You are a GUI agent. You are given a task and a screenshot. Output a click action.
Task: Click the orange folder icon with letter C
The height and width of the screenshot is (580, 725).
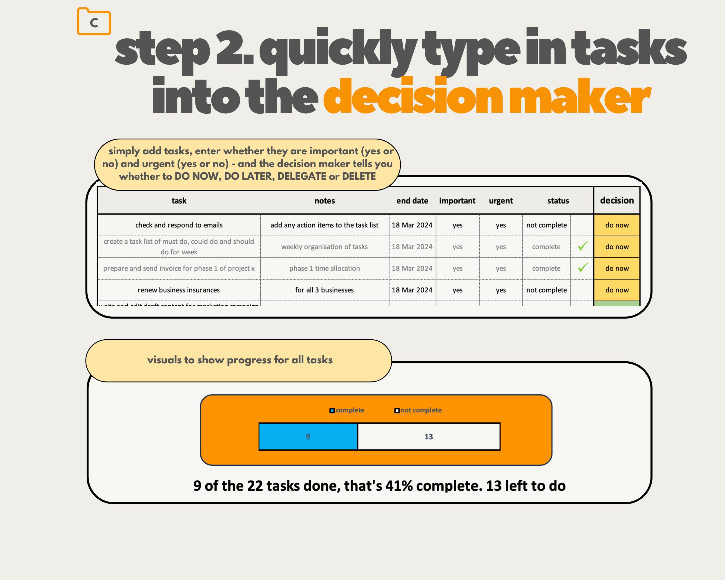pyautogui.click(x=94, y=21)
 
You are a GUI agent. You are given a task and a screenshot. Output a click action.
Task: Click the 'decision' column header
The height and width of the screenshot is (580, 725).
pyautogui.click(x=617, y=200)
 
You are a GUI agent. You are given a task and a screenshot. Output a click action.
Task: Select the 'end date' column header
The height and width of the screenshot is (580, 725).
pyautogui.click(x=412, y=201)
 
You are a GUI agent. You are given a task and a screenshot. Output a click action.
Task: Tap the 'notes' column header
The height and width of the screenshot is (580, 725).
pyautogui.click(x=325, y=201)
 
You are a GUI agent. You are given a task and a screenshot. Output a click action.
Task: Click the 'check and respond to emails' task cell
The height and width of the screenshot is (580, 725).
pyautogui.click(x=179, y=225)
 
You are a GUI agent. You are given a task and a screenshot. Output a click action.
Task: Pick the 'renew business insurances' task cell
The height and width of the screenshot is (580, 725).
pyautogui.click(x=179, y=290)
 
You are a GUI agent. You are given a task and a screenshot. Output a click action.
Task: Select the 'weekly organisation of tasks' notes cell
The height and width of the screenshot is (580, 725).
pyautogui.click(x=325, y=247)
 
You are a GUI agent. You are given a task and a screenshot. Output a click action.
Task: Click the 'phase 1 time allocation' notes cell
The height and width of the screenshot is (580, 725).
pyautogui.click(x=325, y=268)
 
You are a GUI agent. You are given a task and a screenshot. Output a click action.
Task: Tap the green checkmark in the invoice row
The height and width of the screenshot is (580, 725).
pyautogui.click(x=583, y=268)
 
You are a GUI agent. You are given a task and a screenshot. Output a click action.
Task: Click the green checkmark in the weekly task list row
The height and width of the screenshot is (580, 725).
pyautogui.click(x=583, y=246)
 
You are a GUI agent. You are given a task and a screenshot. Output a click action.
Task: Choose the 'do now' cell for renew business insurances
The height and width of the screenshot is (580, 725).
pyautogui.click(x=617, y=290)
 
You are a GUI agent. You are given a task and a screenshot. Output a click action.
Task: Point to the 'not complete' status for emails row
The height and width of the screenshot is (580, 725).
pyautogui.click(x=546, y=225)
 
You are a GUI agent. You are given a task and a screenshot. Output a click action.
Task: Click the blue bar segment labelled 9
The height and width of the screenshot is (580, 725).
pyautogui.click(x=308, y=436)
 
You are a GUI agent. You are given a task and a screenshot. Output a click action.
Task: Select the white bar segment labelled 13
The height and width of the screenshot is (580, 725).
pyautogui.click(x=429, y=436)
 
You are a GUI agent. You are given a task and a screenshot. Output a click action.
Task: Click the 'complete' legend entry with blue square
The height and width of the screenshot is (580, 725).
pyautogui.click(x=347, y=410)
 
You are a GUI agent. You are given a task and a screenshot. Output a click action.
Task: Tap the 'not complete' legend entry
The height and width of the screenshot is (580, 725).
pyautogui.click(x=418, y=410)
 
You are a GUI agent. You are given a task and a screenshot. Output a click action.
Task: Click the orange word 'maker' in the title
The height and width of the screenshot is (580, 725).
pyautogui.click(x=579, y=97)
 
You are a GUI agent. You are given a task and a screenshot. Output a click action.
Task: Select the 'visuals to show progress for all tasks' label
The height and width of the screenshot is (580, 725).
pyautogui.click(x=240, y=360)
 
